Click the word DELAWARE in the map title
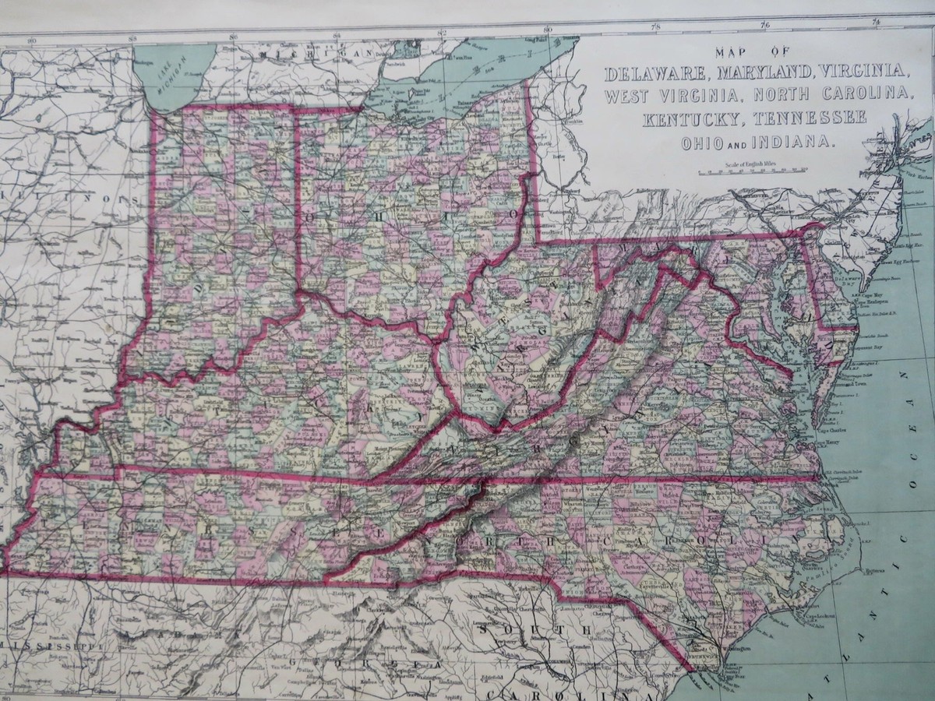[651, 74]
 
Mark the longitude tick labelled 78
[656, 28]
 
